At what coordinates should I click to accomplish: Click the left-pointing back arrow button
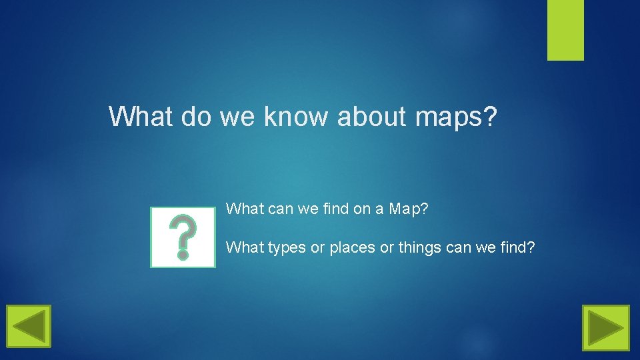click(x=29, y=327)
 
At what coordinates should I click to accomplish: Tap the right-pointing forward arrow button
click(x=605, y=327)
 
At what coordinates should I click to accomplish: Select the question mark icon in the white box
click(x=183, y=237)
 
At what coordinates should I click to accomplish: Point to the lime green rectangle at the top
click(x=565, y=30)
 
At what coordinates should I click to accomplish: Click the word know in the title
click(x=297, y=117)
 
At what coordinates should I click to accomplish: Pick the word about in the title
click(x=372, y=117)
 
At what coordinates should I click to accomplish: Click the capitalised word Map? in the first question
click(x=409, y=209)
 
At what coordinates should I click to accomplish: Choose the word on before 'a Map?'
click(x=361, y=209)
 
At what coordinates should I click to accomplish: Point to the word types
click(x=286, y=248)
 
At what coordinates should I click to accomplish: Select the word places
click(x=352, y=248)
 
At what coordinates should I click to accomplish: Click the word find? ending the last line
click(x=517, y=247)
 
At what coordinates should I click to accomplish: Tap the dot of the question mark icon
click(x=183, y=254)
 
